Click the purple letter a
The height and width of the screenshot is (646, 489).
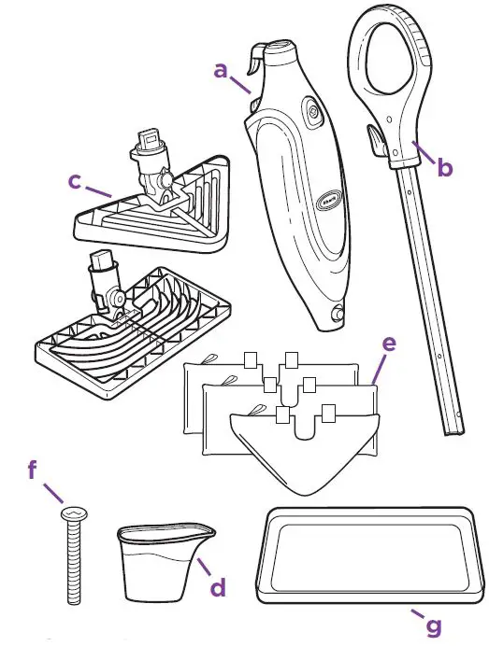221,69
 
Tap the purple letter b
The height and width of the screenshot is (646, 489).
445,168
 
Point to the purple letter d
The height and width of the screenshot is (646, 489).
217,588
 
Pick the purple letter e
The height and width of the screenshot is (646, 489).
389,344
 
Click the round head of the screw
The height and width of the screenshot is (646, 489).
72,512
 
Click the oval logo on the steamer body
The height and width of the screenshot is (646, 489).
330,198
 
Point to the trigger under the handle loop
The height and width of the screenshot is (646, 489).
374,142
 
